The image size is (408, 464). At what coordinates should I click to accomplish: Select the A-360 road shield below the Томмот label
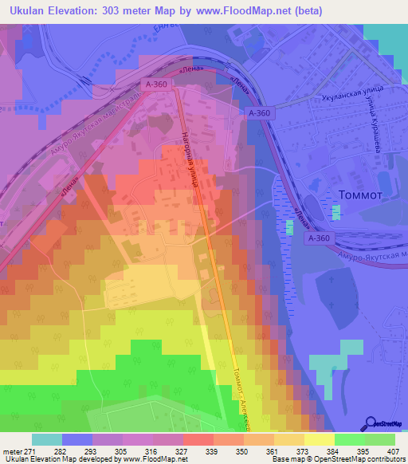[x=318, y=238]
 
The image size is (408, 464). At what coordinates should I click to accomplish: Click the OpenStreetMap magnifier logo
[x=369, y=422]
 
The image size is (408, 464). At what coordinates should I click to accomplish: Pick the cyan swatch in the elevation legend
[x=47, y=439]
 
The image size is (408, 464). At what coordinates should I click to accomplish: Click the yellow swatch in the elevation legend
[x=319, y=439]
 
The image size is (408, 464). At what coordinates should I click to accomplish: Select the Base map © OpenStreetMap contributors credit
[x=338, y=459]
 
